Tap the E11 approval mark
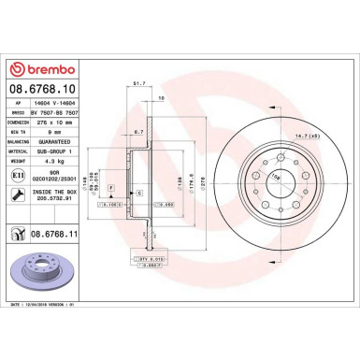pyautogui.click(x=19, y=173)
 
